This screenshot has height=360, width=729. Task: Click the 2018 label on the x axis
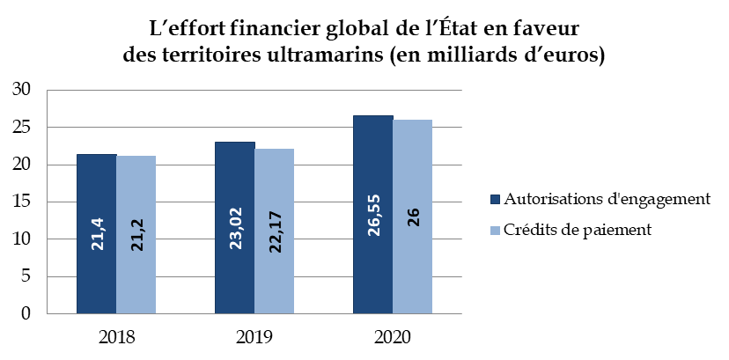pos(116,337)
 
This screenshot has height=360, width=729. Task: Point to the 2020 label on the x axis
pos(393,337)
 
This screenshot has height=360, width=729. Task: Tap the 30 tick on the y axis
pos(21,90)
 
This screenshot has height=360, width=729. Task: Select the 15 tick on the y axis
pos(21,202)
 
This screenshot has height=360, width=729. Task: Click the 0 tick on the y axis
pos(26,313)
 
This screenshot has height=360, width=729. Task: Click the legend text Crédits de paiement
pos(576,230)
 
